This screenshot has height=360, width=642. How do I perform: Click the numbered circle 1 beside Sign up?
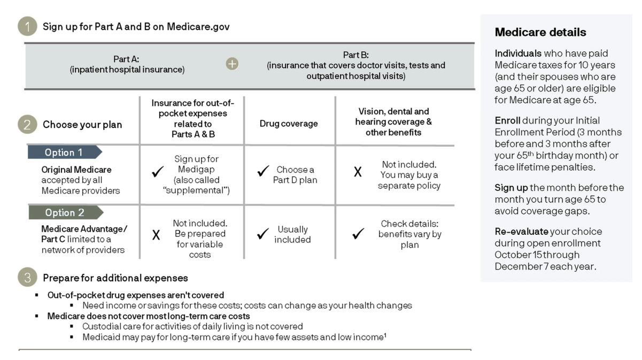tap(27, 26)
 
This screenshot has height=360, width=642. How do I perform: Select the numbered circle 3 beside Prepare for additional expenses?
tap(27, 278)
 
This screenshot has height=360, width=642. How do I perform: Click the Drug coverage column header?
tap(289, 124)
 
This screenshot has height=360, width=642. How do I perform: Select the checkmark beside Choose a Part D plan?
tap(262, 172)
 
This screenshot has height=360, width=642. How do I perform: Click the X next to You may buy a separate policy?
tap(358, 172)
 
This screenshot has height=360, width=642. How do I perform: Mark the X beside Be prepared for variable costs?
tap(156, 235)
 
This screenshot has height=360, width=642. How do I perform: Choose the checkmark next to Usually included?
tap(262, 234)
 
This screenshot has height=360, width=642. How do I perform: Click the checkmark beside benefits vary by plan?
tap(359, 234)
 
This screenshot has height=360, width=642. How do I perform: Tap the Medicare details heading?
tap(540, 32)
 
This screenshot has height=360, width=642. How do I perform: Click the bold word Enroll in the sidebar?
tap(507, 120)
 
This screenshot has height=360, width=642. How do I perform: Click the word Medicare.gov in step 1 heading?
tap(198, 26)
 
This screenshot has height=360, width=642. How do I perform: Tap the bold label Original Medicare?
tap(76, 170)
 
